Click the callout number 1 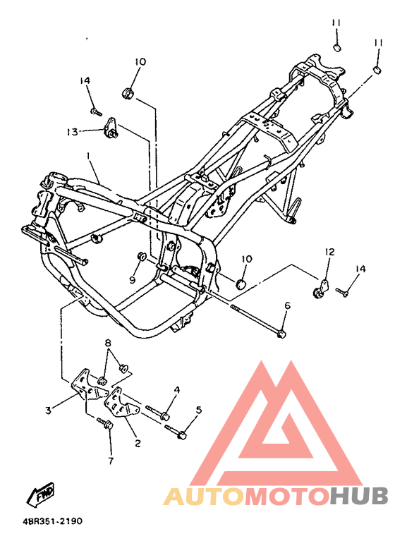click(x=89, y=157)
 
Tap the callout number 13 click(x=73, y=132)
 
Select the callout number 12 click(x=329, y=252)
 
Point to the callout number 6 click(x=287, y=305)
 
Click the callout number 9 click(x=133, y=279)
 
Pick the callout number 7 click(x=111, y=461)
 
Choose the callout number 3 click(x=48, y=411)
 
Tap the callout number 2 click(x=138, y=443)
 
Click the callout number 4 click(x=176, y=390)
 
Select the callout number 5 click(x=199, y=410)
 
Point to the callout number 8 click(x=109, y=343)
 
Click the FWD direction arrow click(x=40, y=494)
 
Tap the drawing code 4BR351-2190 click(x=53, y=521)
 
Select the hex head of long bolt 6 click(x=282, y=334)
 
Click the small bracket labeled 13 click(x=111, y=128)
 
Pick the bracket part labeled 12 click(x=321, y=289)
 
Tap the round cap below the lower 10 click(x=241, y=284)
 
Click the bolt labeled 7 click(x=105, y=423)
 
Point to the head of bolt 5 click(x=182, y=435)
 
